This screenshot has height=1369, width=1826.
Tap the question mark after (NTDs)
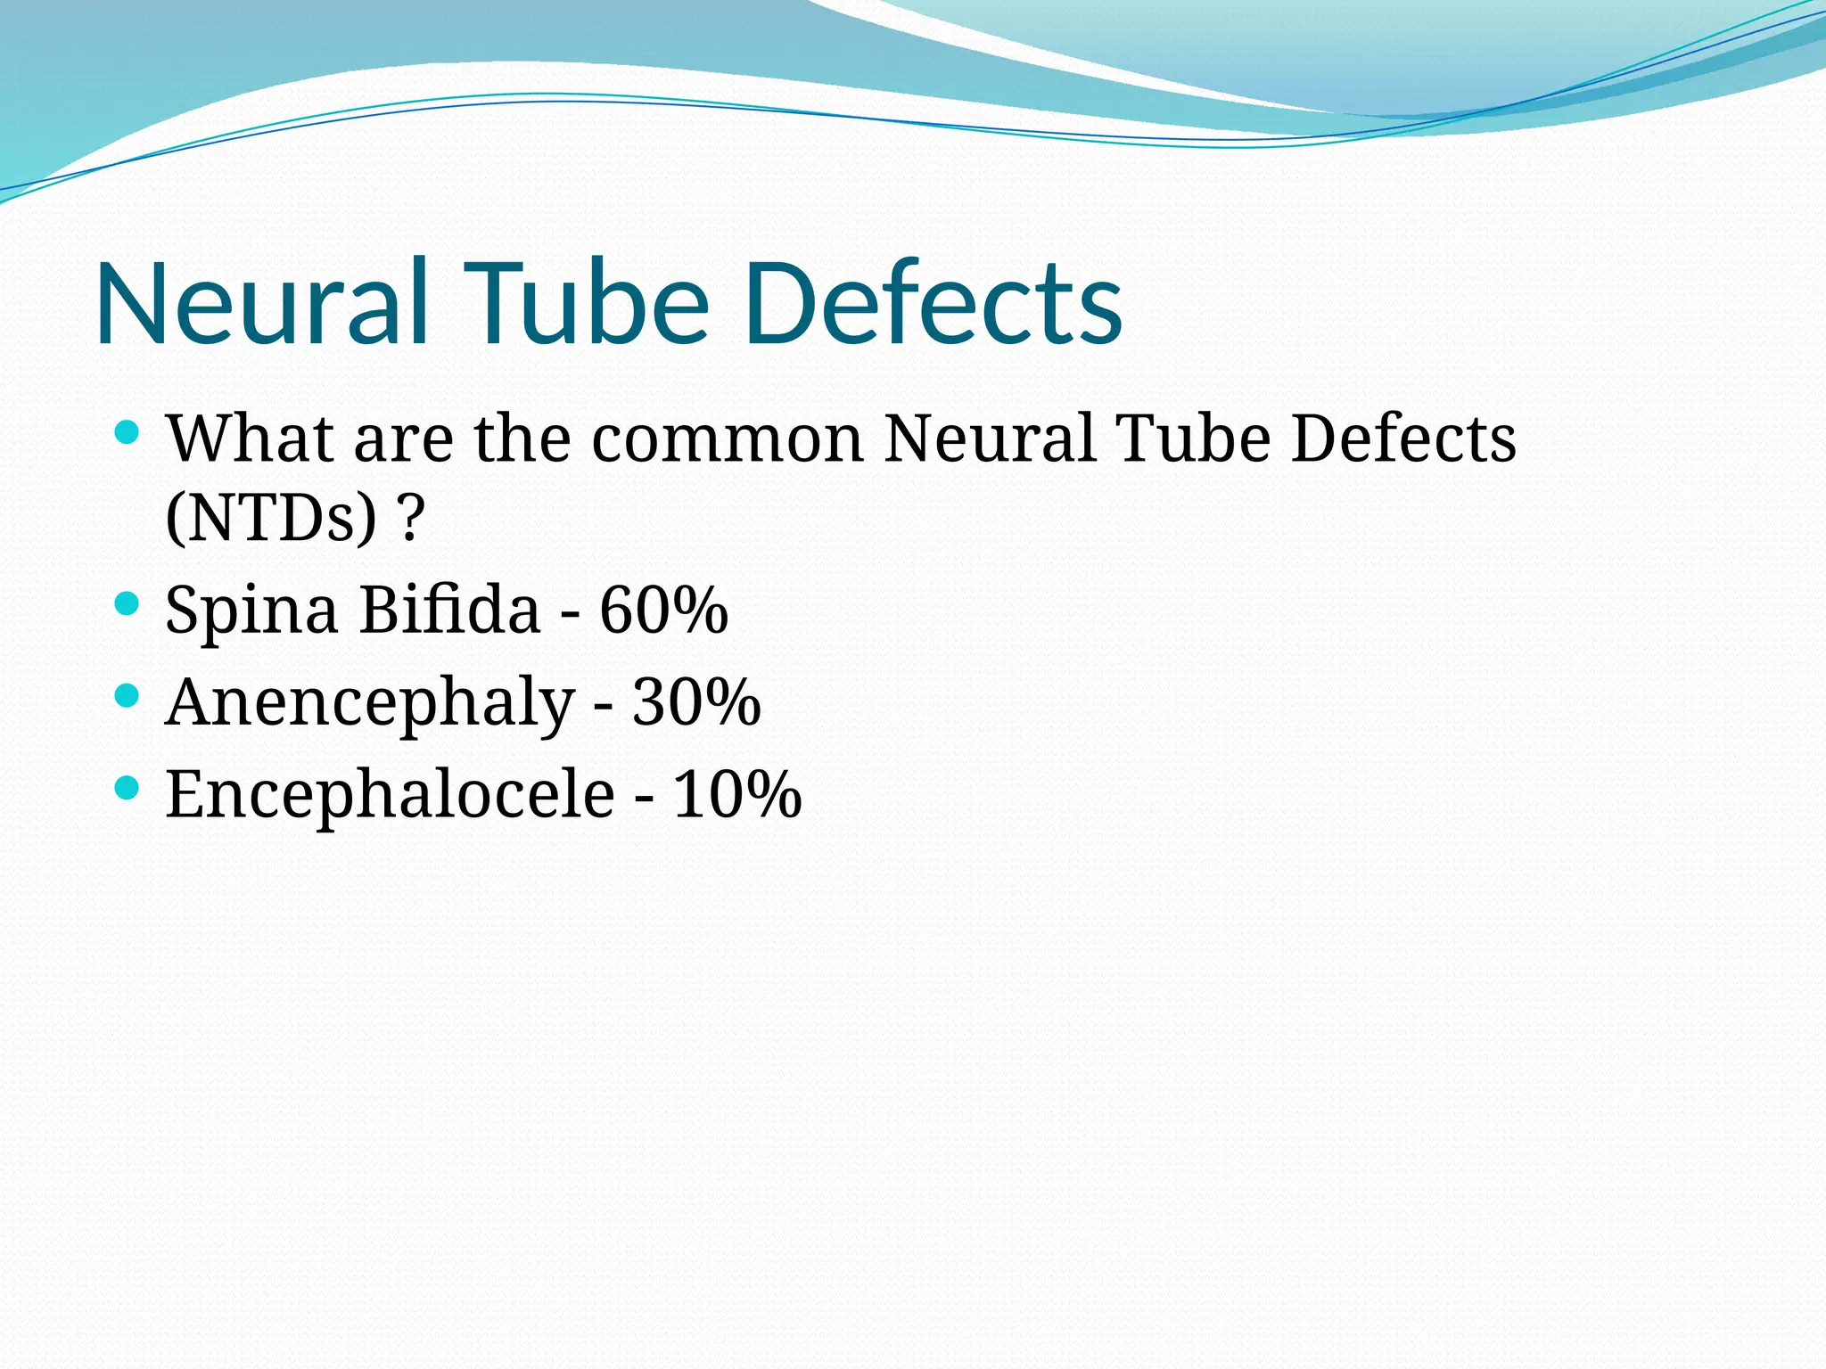click(410, 519)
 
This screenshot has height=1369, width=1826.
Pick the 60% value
click(663, 611)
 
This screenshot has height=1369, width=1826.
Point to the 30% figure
click(696, 702)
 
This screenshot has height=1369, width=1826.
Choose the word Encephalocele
click(390, 793)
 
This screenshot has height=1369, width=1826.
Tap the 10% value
click(736, 793)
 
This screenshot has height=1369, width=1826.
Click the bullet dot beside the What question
click(127, 433)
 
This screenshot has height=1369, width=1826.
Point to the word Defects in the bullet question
click(1403, 439)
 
